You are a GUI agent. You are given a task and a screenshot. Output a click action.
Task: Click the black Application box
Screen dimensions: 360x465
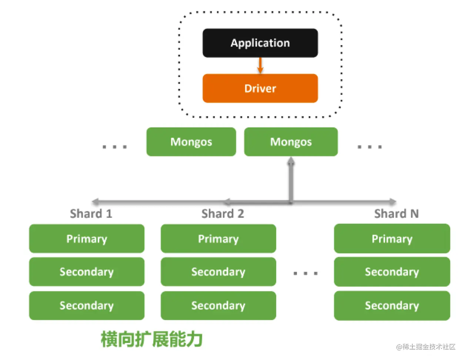pos(260,43)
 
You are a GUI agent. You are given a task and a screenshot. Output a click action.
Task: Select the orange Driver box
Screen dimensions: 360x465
pos(260,88)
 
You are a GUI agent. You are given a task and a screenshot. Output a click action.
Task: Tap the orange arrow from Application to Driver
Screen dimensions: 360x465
pos(260,66)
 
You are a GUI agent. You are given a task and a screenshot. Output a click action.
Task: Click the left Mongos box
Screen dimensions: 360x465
pos(191,142)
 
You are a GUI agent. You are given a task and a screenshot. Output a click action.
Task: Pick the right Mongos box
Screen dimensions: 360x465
pos(291,142)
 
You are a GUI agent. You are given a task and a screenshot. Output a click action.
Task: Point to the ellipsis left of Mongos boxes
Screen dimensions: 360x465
pos(115,147)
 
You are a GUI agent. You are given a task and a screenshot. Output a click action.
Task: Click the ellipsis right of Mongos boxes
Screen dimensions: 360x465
pos(369,147)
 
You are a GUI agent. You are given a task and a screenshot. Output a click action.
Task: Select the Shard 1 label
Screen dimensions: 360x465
pos(91,214)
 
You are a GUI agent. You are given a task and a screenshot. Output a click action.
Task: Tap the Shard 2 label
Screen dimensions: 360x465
pos(223,214)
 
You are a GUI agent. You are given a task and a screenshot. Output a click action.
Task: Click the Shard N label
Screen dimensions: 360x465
pos(396,214)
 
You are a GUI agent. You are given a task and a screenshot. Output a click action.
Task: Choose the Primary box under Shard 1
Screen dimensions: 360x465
pos(87,239)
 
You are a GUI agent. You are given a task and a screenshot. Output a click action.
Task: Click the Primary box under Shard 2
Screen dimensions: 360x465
pos(218,239)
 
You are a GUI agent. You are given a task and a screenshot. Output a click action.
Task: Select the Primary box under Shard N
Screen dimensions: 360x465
pos(392,239)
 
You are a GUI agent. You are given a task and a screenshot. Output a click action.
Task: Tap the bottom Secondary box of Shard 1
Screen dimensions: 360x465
pos(87,306)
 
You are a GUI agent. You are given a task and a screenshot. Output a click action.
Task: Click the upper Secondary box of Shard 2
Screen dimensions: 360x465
pos(218,272)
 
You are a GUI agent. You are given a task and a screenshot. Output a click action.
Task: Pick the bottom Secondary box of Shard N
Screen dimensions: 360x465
pos(392,306)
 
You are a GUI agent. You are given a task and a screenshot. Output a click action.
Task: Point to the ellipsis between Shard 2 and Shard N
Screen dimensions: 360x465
pos(305,274)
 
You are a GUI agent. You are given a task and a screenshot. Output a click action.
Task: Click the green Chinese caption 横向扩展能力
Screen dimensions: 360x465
pos(152,339)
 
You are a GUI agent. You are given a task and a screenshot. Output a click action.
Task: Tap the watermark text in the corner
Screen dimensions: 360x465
pos(426,347)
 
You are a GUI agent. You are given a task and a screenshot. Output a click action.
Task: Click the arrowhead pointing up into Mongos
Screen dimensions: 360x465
pos(291,161)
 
